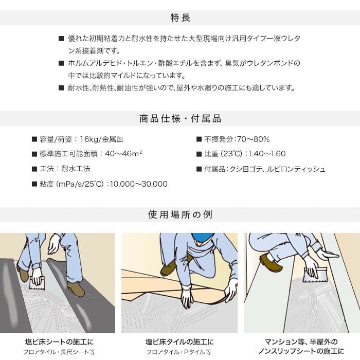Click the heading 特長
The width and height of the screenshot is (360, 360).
(180, 18)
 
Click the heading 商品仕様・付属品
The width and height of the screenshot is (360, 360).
(180, 119)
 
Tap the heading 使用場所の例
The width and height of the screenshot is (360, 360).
(180, 214)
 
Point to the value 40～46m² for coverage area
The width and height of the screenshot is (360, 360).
(124, 154)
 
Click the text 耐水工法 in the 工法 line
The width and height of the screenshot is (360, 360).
(76, 169)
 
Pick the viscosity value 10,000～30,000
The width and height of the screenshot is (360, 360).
(139, 184)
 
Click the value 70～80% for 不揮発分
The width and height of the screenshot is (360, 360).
(253, 139)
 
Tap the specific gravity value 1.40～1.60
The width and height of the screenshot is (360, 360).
(267, 154)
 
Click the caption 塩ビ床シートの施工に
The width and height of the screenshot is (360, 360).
(60, 342)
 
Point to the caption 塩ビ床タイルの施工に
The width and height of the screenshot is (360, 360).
(179, 342)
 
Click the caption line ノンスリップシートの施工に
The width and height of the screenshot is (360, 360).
(301, 351)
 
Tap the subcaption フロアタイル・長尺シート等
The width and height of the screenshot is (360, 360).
(59, 352)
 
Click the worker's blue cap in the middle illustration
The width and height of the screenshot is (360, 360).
(203, 238)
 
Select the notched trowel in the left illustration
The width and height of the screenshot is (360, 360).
(37, 283)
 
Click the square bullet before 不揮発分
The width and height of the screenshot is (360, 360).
(199, 139)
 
